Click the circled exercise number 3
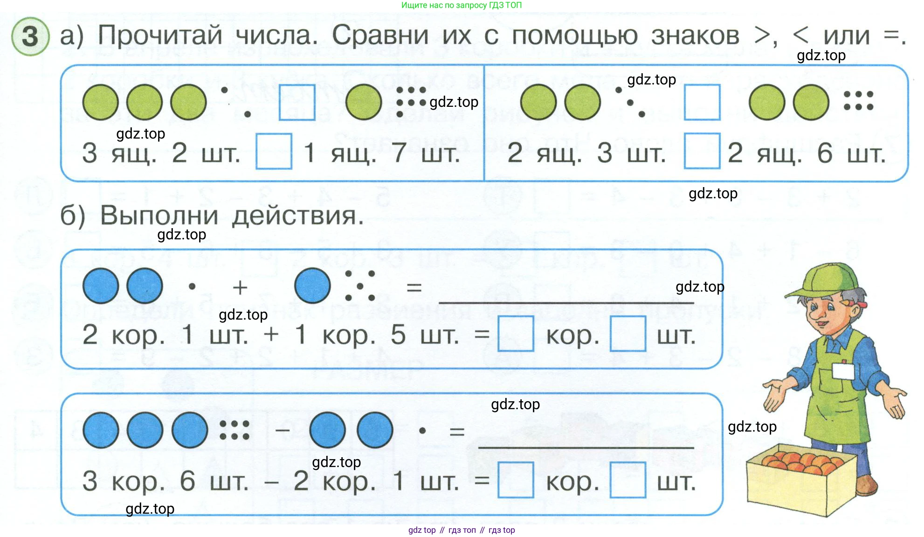tap(30, 36)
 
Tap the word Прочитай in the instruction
tap(160, 35)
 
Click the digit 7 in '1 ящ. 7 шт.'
tap(399, 153)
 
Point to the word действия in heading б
tap(297, 216)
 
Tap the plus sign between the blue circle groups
tap(240, 287)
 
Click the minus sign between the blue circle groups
tap(283, 430)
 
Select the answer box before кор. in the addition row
tap(516, 334)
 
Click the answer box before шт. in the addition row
tap(627, 334)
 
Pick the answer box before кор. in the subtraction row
tap(516, 480)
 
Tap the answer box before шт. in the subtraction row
tap(627, 480)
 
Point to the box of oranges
tap(802, 481)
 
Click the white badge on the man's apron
tap(843, 371)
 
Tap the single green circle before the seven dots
tap(364, 102)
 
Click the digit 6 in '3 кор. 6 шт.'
tap(187, 481)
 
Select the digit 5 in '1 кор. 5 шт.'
tap(398, 335)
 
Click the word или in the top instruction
tap(846, 35)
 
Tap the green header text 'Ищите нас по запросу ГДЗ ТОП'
tap(462, 5)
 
